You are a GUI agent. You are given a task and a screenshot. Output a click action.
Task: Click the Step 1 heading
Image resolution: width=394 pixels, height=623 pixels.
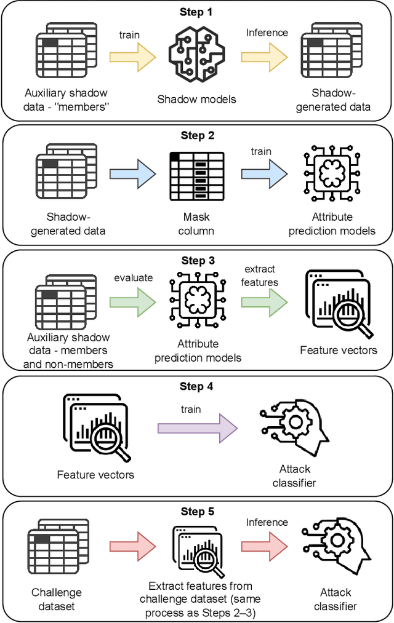(197, 12)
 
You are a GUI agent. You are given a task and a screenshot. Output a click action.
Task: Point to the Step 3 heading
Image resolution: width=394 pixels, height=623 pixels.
(197, 260)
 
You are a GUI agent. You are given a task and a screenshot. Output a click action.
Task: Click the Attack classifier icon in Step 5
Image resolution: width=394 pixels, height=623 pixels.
(336, 547)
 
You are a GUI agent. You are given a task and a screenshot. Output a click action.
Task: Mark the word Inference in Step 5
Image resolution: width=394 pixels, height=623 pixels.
(267, 522)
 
